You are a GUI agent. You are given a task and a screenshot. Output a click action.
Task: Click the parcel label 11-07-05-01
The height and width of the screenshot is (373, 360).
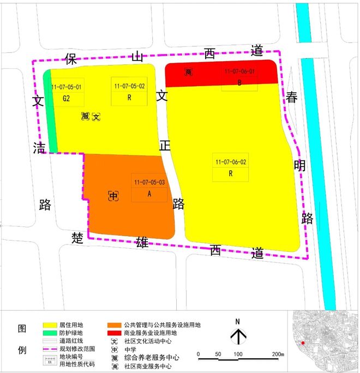[x=67, y=87]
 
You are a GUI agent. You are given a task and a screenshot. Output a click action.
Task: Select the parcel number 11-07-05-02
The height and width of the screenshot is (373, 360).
[x=130, y=86]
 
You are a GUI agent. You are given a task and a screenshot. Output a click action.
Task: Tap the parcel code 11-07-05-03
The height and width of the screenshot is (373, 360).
[x=149, y=182]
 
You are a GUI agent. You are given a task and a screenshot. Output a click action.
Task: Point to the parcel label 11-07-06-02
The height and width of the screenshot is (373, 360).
[x=231, y=161]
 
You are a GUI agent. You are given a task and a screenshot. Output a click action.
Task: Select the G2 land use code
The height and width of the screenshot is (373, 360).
[x=67, y=99]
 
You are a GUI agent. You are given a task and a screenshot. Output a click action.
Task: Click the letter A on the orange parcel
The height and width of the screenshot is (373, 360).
[x=149, y=194]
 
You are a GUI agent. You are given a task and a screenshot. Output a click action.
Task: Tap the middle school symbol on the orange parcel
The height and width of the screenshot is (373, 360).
[x=113, y=196]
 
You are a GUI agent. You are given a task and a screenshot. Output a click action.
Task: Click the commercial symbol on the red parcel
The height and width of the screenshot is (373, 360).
[x=189, y=72]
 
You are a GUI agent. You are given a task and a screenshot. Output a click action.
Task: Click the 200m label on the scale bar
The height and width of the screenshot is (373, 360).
[x=278, y=355]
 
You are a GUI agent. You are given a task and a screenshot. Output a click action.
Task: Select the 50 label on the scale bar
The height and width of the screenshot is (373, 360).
[x=218, y=355]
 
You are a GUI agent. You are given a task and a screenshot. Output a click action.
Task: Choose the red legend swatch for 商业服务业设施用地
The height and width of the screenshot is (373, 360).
[x=114, y=333]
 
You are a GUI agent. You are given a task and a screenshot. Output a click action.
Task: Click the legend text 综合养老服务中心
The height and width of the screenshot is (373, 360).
[x=152, y=358]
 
